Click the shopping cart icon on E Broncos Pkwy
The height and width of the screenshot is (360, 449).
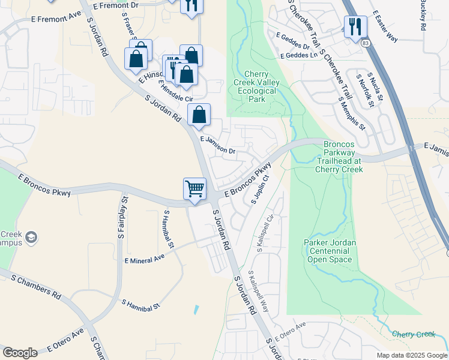(194, 189)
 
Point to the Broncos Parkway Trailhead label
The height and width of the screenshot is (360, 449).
(339, 157)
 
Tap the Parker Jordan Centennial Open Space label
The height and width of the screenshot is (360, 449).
(331, 251)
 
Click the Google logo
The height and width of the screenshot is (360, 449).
(20, 353)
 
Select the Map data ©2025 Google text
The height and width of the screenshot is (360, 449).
(411, 355)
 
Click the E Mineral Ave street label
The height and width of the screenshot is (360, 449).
(144, 259)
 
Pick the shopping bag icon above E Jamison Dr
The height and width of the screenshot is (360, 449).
(199, 114)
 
